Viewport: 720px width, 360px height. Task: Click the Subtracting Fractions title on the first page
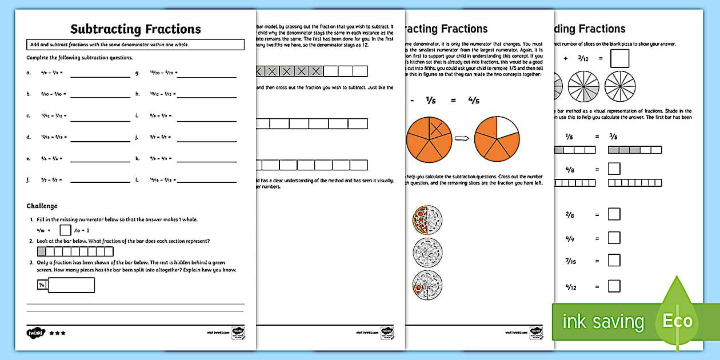pyautogui.click(x=135, y=29)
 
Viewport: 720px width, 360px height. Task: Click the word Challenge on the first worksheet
pyautogui.click(x=42, y=206)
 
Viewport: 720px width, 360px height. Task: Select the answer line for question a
pyautogui.click(x=100, y=73)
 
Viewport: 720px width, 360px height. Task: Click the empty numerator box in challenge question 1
pyautogui.click(x=65, y=230)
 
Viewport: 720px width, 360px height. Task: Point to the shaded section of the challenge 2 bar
pyautogui.click(x=42, y=251)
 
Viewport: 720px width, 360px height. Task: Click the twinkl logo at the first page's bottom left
pyautogui.click(x=34, y=333)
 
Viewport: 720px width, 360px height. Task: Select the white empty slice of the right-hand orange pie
pyautogui.click(x=507, y=127)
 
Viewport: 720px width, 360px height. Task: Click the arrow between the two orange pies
pyautogui.click(x=462, y=138)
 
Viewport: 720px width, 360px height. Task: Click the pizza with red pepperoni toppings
pyautogui.click(x=427, y=219)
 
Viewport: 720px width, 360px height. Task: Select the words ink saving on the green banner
pyautogui.click(x=603, y=322)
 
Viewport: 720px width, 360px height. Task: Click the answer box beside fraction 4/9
pyautogui.click(x=614, y=237)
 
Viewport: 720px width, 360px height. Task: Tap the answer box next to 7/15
pyautogui.click(x=614, y=261)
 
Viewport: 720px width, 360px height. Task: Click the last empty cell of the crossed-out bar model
pyautogui.click(x=360, y=71)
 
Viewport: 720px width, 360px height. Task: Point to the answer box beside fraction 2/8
pyautogui.click(x=614, y=214)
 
